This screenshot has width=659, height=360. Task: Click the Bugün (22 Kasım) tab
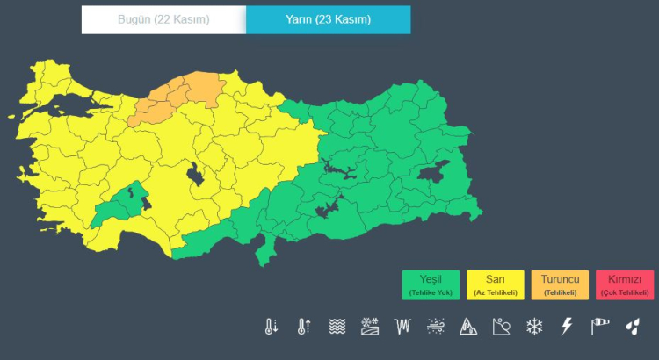(163, 19)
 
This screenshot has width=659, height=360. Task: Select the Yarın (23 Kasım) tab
(328, 19)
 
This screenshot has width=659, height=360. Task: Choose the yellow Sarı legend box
(496, 284)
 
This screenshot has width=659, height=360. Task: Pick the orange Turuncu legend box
(560, 284)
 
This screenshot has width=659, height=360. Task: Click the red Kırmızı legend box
(625, 284)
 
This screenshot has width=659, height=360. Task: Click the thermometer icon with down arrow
(271, 327)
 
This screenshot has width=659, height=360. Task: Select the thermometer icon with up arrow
(303, 327)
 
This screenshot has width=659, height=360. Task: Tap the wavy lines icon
(337, 327)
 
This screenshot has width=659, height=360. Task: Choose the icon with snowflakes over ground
(369, 327)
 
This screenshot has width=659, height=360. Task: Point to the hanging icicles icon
(402, 327)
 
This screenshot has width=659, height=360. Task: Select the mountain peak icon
(467, 327)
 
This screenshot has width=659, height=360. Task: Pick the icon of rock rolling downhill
(501, 327)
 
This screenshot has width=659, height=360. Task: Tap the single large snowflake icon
(533, 327)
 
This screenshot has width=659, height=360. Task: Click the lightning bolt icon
(567, 327)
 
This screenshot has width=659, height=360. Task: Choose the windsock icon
(599, 327)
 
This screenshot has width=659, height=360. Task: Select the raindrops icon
(633, 327)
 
